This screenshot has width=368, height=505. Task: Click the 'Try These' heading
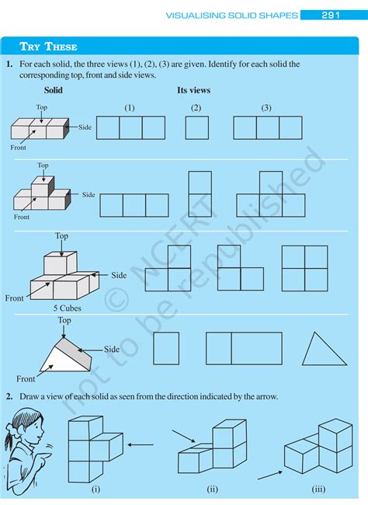click(x=44, y=47)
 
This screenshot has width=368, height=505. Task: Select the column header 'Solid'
click(x=54, y=90)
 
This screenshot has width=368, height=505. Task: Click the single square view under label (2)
click(x=196, y=127)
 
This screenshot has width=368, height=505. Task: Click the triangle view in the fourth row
click(x=325, y=349)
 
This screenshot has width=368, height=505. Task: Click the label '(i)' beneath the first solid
click(x=95, y=489)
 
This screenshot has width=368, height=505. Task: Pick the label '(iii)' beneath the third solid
click(x=318, y=489)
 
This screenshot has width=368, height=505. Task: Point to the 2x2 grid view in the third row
click(x=304, y=268)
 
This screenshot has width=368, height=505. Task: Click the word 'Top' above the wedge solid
click(x=64, y=320)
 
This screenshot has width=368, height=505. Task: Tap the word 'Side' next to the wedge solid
click(x=112, y=350)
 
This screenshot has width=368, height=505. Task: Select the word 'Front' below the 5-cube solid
click(x=15, y=298)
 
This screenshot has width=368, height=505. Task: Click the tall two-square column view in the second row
click(x=200, y=194)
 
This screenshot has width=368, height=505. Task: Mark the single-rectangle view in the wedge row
click(x=166, y=348)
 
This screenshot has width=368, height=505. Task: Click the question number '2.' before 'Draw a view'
click(x=9, y=396)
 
